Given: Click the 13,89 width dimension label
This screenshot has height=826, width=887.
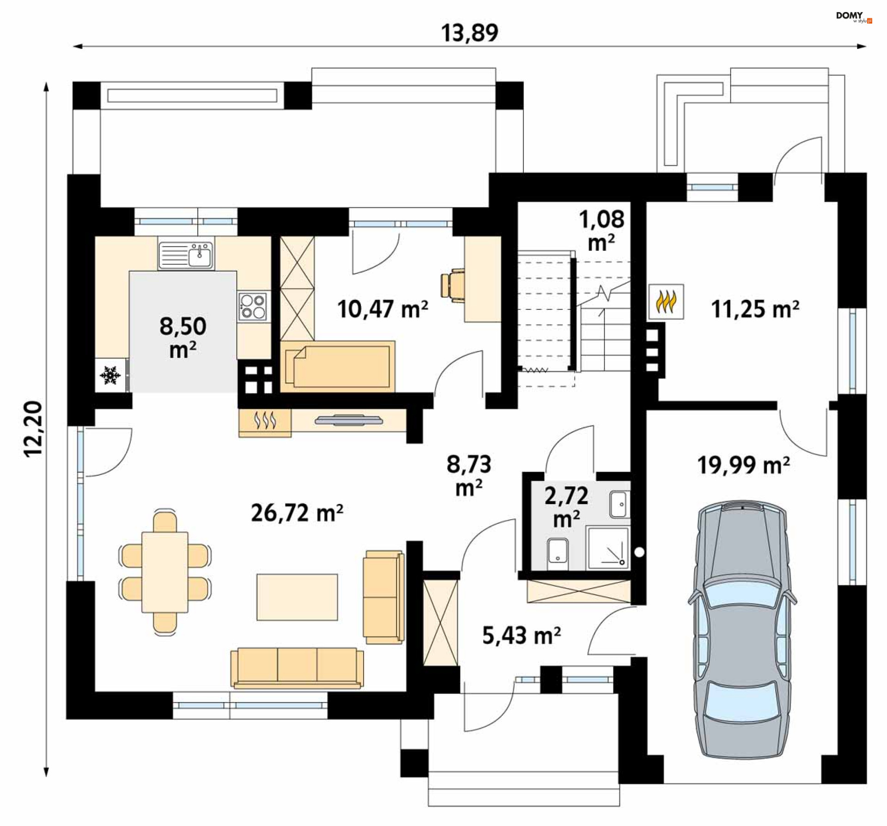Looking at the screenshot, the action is point(469,33).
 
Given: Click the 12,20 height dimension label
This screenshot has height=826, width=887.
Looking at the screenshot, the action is point(33,429).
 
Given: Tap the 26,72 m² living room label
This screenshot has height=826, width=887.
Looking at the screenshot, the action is point(297,512).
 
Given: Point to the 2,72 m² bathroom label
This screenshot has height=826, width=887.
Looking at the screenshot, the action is point(566,507).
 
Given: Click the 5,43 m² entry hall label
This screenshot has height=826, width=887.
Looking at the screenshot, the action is point(522,636).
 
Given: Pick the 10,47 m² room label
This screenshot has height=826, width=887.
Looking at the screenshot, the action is point(383,309).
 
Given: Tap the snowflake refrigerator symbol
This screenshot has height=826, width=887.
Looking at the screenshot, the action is point(110,375).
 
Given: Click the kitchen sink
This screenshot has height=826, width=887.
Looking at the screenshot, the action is point(186,255).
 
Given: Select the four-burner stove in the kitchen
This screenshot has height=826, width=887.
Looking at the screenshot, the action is point(253,306).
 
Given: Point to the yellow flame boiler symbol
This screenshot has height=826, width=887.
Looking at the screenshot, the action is point(666,301).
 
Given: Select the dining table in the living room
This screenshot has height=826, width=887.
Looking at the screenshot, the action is point(165,572).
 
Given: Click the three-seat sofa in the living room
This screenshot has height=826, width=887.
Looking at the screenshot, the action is point(297,668).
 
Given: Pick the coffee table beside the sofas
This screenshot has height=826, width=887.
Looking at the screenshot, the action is point(297,597).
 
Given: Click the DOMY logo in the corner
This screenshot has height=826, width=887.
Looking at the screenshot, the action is point(854,17).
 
